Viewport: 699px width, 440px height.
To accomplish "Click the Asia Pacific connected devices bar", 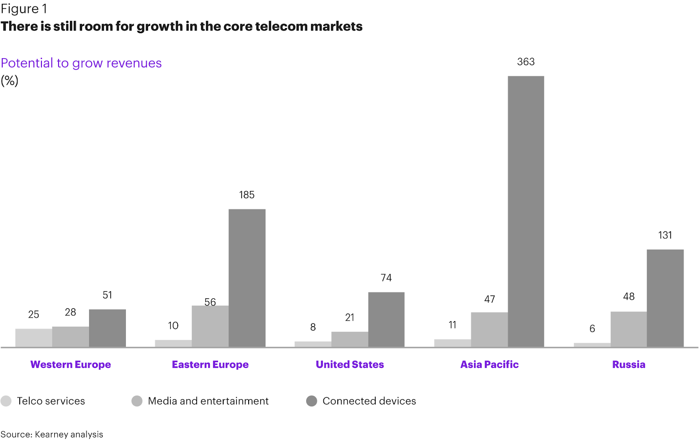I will (526, 212).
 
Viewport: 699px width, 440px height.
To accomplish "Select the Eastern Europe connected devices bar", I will (247, 278).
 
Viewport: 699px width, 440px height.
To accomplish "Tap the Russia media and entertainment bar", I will (629, 329).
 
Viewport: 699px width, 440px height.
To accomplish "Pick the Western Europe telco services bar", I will (34, 338).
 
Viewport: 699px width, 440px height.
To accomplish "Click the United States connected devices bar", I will (386, 320).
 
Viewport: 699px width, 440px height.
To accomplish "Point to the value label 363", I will (526, 62).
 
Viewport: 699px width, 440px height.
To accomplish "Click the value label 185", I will (247, 195).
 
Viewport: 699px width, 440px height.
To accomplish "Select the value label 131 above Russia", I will (665, 235).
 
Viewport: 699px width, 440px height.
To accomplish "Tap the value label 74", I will (386, 278).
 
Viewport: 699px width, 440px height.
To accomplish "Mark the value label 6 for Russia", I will (592, 328).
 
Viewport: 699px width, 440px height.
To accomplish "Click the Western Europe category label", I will (70, 364).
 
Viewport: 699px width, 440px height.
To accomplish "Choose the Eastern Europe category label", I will (210, 364).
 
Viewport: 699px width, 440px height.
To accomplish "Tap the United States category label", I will (349, 364).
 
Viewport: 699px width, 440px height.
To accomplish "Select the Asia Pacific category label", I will (489, 364).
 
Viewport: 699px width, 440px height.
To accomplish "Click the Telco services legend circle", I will (6, 401).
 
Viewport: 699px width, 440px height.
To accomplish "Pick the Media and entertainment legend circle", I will (137, 401).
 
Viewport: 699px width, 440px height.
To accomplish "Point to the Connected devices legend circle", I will (311, 401).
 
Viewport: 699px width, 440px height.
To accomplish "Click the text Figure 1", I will (24, 9).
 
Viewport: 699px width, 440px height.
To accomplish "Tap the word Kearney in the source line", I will (51, 434).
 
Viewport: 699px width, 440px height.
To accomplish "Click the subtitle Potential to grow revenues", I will (81, 63).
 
